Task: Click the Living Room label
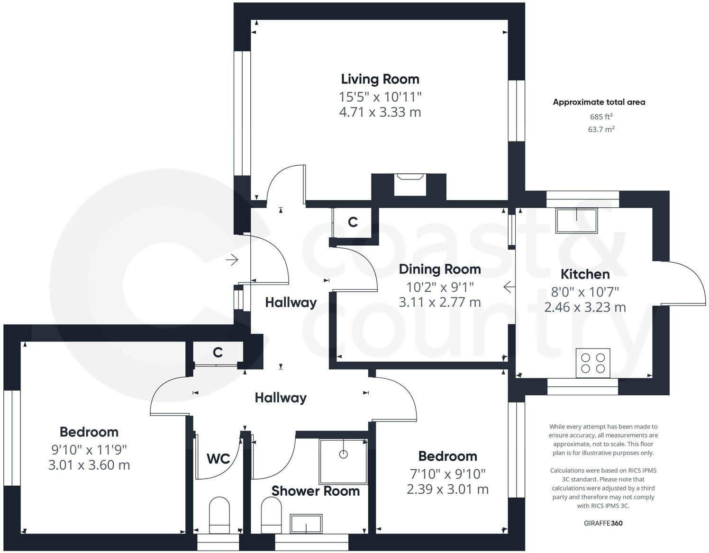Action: [380, 79]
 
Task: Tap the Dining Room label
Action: [440, 269]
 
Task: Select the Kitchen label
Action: [585, 274]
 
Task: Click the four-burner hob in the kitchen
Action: [593, 363]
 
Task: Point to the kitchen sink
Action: [576, 221]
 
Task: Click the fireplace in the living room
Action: [410, 185]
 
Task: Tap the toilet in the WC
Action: [219, 515]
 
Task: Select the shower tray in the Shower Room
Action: [343, 462]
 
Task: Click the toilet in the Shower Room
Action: [271, 515]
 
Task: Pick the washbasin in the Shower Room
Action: [306, 524]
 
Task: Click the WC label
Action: [218, 459]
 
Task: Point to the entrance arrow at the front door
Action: [232, 260]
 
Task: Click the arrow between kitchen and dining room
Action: [509, 287]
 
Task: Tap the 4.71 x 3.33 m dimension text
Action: [380, 112]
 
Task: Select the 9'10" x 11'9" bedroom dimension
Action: [89, 450]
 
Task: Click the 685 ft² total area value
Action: [601, 116]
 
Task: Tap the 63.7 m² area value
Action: [601, 129]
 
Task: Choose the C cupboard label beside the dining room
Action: [353, 222]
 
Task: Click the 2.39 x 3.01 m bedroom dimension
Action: [448, 489]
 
